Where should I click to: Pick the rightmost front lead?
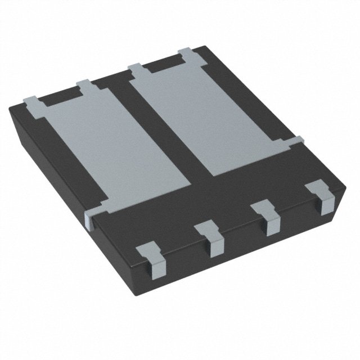point(322,197)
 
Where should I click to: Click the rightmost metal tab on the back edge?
point(186,55)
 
